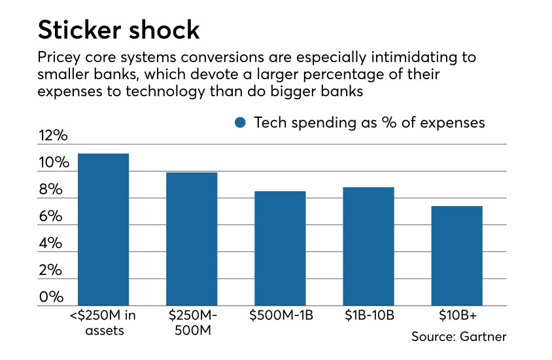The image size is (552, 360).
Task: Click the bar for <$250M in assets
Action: point(103,229)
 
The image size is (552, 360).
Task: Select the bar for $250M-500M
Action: point(192,239)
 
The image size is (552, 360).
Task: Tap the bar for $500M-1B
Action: point(280,248)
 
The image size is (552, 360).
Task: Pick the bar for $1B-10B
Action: point(368,246)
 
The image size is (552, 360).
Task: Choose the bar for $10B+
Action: point(457,255)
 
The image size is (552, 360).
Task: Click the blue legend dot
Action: point(240,122)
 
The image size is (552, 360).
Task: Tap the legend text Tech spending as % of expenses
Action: point(370,122)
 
